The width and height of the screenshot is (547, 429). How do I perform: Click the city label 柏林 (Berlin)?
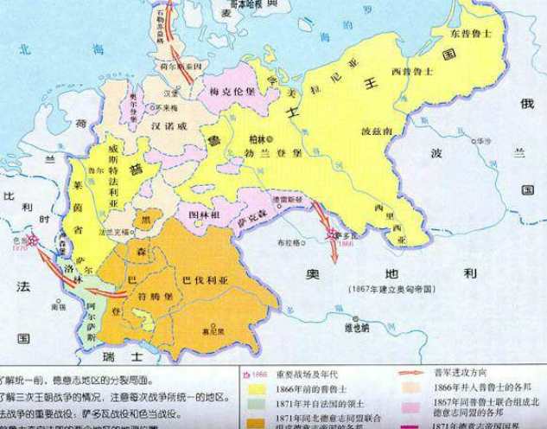point(256,138)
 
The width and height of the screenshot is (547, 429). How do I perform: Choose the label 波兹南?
point(376,133)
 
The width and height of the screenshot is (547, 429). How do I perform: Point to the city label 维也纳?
point(356,328)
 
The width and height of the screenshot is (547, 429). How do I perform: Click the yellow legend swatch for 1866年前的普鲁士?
point(258,392)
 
